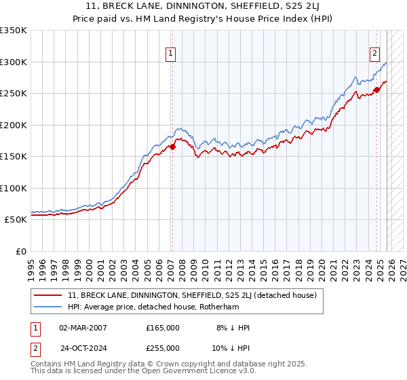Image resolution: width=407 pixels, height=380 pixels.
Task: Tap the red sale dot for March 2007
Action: point(172,146)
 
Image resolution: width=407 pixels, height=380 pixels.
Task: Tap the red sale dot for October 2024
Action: point(376,90)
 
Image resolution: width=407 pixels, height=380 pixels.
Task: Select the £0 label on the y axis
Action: point(20,251)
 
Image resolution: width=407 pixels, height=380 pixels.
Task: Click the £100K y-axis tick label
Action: point(14,188)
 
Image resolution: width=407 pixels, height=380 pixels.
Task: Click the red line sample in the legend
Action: point(48,295)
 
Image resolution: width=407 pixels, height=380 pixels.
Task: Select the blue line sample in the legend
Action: point(48,307)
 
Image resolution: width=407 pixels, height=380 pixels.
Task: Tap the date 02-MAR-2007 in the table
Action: point(83,328)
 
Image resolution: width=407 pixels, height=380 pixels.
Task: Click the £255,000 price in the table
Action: point(162,347)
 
